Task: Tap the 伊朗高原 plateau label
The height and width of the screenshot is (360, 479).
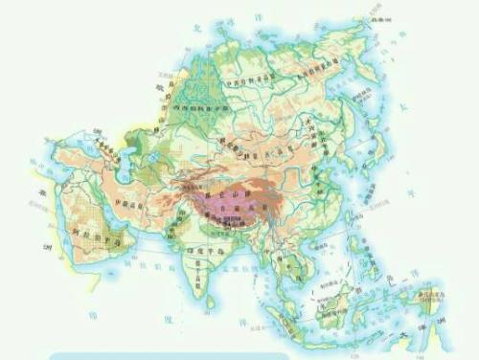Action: click(131, 203)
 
